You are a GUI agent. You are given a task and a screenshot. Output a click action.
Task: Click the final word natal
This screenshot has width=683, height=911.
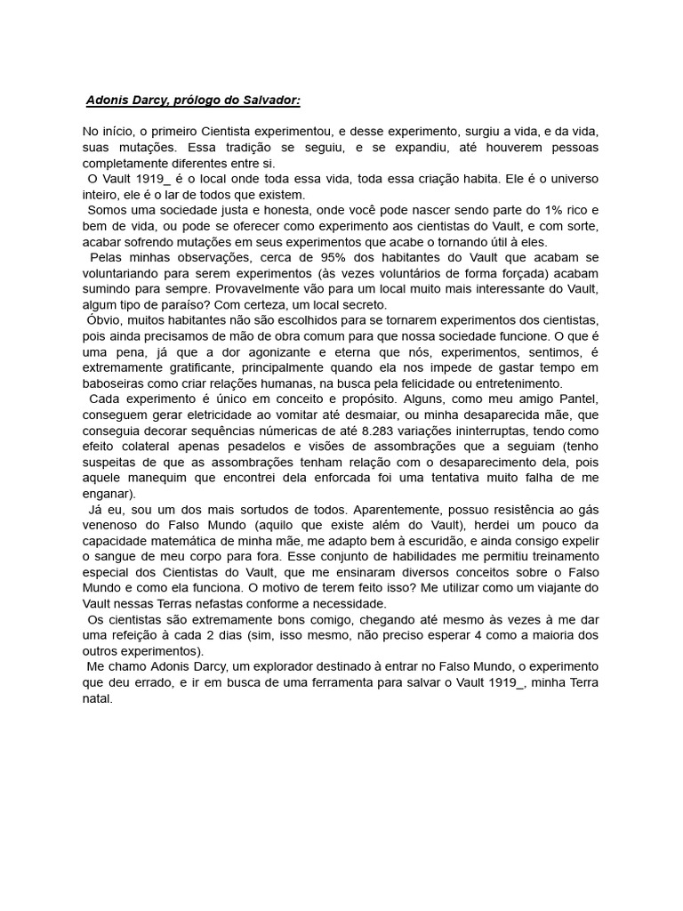click(97, 698)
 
